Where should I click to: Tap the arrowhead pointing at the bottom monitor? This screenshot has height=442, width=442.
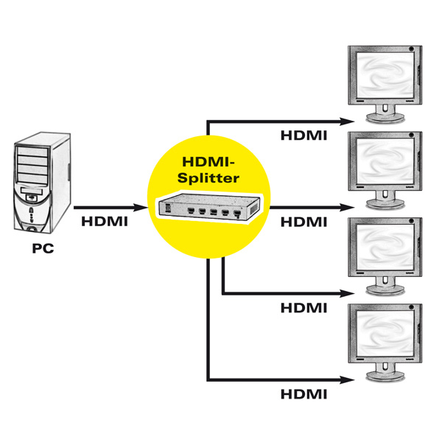(343, 380)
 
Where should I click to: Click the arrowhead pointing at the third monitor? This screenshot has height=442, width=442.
(343, 294)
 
